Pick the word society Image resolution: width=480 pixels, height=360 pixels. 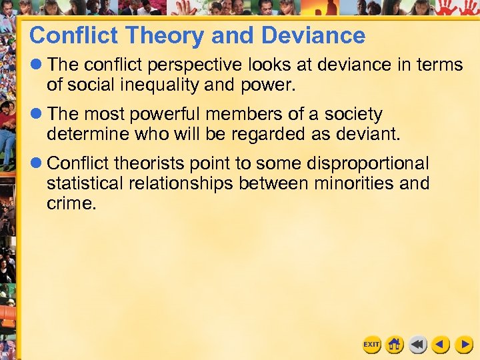(x=351, y=115)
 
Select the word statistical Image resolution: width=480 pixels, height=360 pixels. (x=87, y=183)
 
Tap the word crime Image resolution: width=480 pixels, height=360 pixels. (x=71, y=203)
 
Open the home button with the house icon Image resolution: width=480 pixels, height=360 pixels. (x=395, y=344)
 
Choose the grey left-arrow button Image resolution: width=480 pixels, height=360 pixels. (x=418, y=344)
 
